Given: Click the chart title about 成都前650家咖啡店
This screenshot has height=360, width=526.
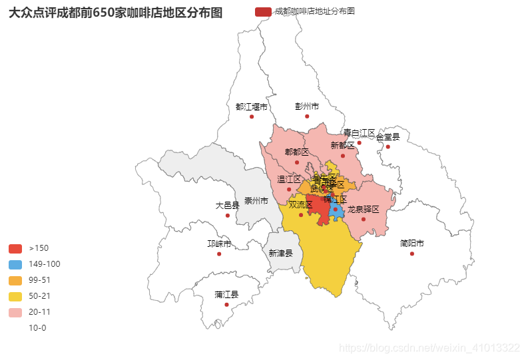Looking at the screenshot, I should pyautogui.click(x=116, y=13).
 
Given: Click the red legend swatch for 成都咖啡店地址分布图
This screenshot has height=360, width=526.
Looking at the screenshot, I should pyautogui.click(x=263, y=12).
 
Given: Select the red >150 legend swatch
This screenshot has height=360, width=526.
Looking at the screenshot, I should pyautogui.click(x=15, y=248).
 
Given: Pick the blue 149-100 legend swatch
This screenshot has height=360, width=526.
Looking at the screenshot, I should pyautogui.click(x=15, y=264).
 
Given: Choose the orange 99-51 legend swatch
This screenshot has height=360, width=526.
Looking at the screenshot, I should pyautogui.click(x=15, y=280).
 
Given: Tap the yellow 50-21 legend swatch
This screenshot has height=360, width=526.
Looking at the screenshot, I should pyautogui.click(x=15, y=296).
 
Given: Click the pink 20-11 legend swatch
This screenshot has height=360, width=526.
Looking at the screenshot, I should pyautogui.click(x=15, y=312).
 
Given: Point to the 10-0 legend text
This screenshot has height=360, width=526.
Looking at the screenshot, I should pyautogui.click(x=37, y=328).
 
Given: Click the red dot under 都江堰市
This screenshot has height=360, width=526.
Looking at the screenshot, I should pyautogui.click(x=252, y=116).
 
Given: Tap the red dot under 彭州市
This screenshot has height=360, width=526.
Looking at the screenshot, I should pyautogui.click(x=307, y=116).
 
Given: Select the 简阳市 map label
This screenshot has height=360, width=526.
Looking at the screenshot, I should pyautogui.click(x=411, y=244).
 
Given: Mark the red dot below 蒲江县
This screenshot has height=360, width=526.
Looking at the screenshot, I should pyautogui.click(x=226, y=305).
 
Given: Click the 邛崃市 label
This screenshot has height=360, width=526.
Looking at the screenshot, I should pyautogui.click(x=219, y=244).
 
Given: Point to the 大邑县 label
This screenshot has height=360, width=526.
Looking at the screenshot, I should pyautogui.click(x=227, y=206).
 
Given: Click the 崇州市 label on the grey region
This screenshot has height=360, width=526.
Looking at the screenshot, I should pyautogui.click(x=256, y=201).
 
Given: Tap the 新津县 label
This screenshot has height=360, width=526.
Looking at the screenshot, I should pyautogui.click(x=280, y=253).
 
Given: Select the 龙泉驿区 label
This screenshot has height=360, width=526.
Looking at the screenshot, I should pyautogui.click(x=363, y=210).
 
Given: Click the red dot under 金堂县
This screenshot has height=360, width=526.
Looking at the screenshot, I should pyautogui.click(x=388, y=147).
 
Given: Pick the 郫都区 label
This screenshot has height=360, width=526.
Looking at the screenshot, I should pyautogui.click(x=297, y=152).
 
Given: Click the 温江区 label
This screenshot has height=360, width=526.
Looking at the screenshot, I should pyautogui.click(x=289, y=180).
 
